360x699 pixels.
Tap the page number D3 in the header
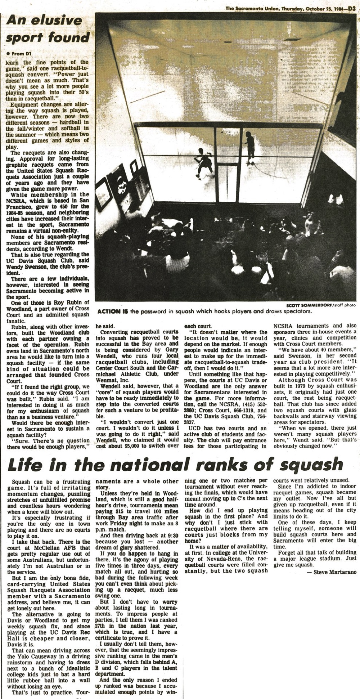[x=352, y=3]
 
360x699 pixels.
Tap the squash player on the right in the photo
[x=249, y=145]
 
